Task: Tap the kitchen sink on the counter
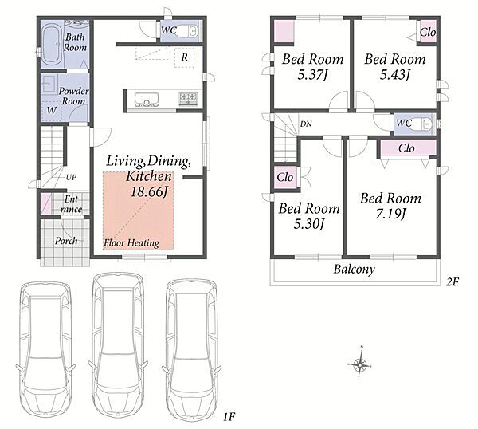point(147,99)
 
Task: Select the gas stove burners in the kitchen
point(188,99)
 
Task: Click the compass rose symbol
point(361,364)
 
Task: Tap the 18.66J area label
point(150,192)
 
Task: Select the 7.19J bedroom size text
point(390,214)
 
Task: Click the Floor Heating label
point(131,243)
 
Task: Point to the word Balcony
point(354,270)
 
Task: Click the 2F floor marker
point(453,282)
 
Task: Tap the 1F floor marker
point(229,417)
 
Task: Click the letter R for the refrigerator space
point(184,57)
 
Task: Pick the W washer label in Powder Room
point(51,111)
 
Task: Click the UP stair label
point(72,177)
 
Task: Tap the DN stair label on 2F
point(306,124)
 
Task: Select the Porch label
point(66,241)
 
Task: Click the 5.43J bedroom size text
point(395,75)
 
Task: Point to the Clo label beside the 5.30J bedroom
point(285,177)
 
